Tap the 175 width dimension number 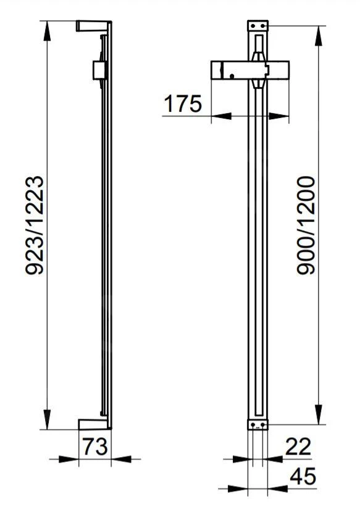183,104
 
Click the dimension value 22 297,446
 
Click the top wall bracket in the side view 93,26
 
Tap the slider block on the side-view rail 98,70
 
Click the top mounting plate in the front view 259,26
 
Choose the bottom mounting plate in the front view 259,425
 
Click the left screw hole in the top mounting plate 254,26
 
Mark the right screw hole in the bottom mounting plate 264,425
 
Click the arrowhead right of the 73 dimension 118,459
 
